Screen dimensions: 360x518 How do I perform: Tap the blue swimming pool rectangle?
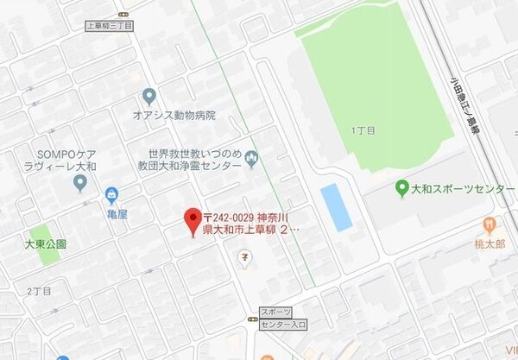(336, 207)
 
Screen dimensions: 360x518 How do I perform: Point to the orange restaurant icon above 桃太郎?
(490, 224)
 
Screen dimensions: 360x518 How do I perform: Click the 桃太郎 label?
(490, 243)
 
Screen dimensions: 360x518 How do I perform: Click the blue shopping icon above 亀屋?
(111, 195)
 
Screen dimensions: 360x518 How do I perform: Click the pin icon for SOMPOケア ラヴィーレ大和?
(80, 182)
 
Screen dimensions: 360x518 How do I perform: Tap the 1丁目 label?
(364, 130)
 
